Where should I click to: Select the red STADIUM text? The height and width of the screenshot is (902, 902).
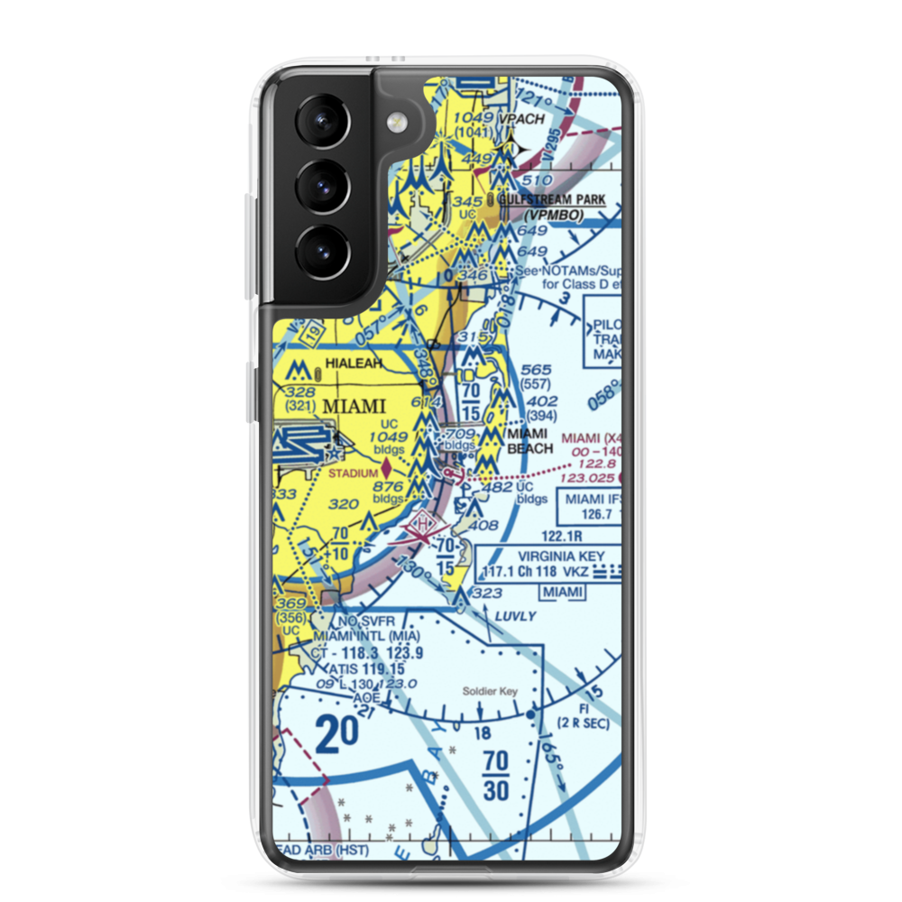352,472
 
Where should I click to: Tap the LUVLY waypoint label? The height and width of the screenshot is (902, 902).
516,616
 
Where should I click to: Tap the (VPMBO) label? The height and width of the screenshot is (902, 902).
553,216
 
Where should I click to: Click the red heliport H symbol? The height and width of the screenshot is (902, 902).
425,522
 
